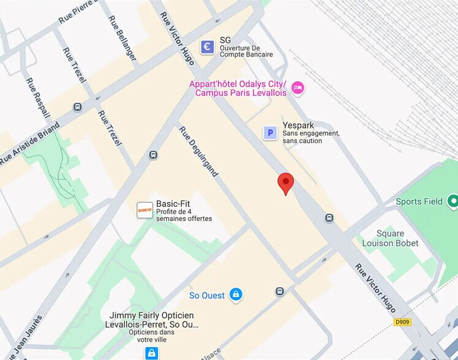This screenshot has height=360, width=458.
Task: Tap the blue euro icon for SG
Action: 208,47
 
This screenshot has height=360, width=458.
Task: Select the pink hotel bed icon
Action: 298,88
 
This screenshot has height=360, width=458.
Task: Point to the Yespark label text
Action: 298,125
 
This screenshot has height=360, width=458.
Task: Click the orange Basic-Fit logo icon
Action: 145,210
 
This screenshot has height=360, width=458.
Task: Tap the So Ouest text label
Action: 206,295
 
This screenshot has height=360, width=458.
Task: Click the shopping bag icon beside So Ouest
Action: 235,295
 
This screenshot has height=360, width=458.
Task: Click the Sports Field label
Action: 419,201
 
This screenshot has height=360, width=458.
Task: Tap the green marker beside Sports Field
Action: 453,200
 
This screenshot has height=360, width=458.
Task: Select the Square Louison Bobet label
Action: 390,238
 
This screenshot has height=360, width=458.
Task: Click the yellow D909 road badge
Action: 402,321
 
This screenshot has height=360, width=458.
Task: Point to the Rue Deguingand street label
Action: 198,151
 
